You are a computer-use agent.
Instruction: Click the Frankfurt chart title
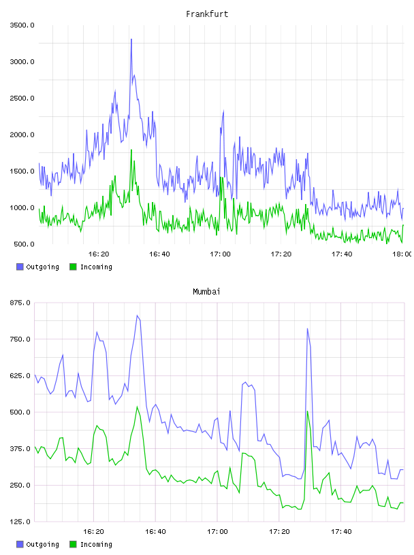[207, 14]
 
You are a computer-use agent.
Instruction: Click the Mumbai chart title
[206, 292]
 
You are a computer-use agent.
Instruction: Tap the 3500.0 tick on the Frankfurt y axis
[22, 25]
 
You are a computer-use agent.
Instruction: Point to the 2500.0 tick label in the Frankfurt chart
[22, 98]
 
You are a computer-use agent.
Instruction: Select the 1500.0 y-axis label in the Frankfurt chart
[22, 171]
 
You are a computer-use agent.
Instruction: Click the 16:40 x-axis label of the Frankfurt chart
[159, 254]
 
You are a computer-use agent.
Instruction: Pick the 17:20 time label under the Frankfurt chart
[281, 254]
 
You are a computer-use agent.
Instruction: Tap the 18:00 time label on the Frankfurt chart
[402, 254]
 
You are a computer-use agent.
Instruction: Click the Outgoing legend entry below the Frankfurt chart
[37, 267]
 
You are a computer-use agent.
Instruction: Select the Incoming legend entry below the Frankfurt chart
[91, 267]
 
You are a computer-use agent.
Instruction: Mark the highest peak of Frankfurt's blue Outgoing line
[131, 39]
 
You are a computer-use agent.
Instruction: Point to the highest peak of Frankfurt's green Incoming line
[131, 150]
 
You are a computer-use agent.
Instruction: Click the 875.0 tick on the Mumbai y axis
[20, 303]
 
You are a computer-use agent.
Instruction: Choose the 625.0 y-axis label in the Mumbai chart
[20, 375]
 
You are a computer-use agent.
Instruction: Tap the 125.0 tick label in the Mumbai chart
[20, 522]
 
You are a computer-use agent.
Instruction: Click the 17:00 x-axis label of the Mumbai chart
[217, 532]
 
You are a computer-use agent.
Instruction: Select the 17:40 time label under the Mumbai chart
[341, 532]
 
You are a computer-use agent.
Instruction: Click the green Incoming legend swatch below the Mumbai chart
[73, 544]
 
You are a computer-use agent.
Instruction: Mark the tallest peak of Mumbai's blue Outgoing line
[138, 316]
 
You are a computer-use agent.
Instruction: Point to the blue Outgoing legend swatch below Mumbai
[20, 544]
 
